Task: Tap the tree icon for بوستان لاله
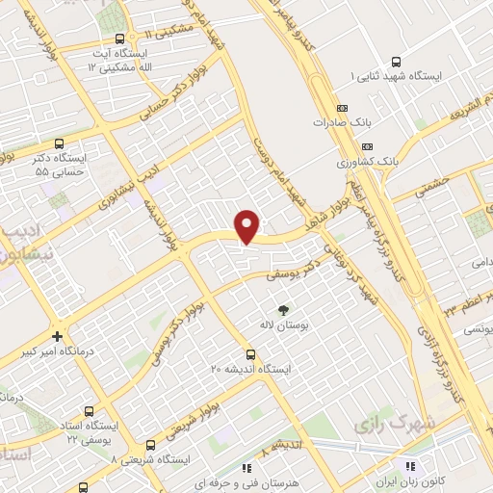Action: [x=283, y=310]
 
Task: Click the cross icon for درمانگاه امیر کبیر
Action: [x=59, y=337]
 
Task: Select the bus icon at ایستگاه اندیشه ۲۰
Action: [x=251, y=353]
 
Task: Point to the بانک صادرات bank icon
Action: [x=341, y=109]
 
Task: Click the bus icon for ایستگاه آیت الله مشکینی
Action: [x=119, y=39]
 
